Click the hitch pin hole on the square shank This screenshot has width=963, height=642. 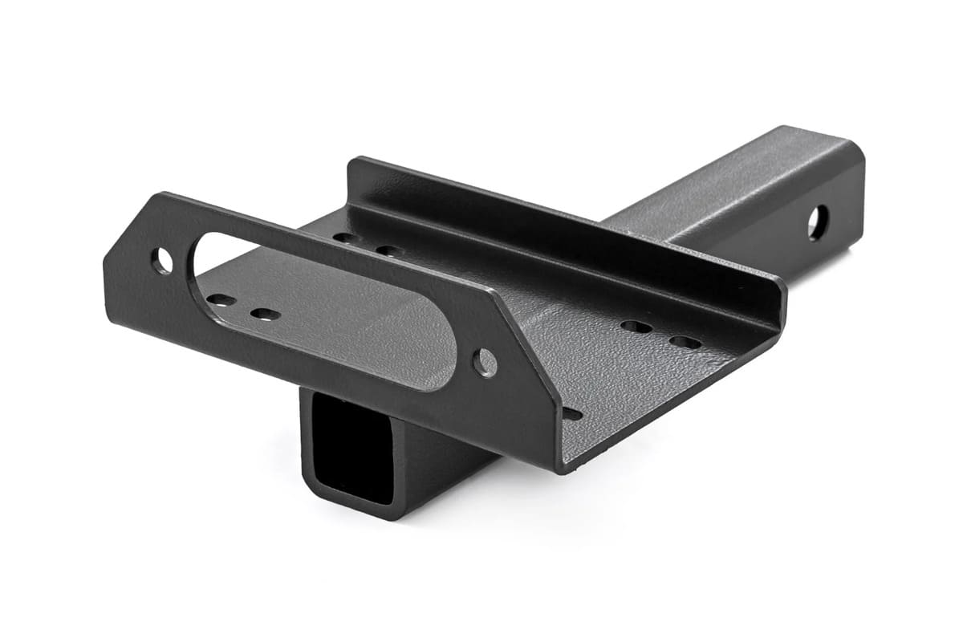coord(818,223)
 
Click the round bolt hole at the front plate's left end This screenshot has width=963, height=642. coord(162,260)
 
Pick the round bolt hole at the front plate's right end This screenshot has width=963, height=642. coord(485,363)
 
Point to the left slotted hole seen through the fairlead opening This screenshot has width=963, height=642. coord(221,300)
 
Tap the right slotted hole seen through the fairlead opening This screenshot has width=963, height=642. coord(264,314)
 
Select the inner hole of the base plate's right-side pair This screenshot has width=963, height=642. coord(636,327)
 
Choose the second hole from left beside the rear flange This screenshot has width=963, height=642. coord(388,250)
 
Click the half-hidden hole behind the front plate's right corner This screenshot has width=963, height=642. coord(571,414)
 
